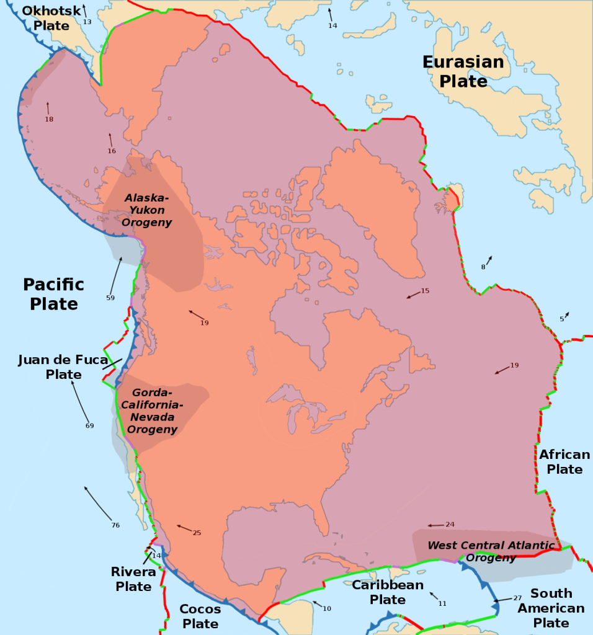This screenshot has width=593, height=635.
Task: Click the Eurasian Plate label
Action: [x=463, y=71]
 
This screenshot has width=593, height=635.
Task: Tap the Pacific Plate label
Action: [x=53, y=294]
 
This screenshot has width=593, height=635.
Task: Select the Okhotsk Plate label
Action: [x=51, y=18]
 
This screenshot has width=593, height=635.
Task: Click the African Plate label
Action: [x=564, y=462]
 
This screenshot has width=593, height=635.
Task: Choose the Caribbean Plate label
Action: [x=388, y=592]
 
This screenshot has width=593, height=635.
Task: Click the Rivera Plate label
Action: [x=133, y=579]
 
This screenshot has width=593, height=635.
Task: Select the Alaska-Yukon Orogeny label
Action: [x=147, y=210]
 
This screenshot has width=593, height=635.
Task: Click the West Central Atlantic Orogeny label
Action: [x=491, y=551]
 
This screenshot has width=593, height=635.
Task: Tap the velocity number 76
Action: [x=115, y=525]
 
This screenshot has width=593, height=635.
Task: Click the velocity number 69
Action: [x=89, y=425]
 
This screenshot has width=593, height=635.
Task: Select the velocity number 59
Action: [x=110, y=298]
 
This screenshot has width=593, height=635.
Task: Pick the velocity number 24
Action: [x=450, y=525]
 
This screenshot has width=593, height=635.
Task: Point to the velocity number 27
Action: [x=517, y=598]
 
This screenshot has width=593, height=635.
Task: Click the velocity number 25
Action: [x=197, y=533]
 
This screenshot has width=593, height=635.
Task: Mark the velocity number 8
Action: [x=483, y=267]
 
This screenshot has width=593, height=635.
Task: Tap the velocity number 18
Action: [x=49, y=119]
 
